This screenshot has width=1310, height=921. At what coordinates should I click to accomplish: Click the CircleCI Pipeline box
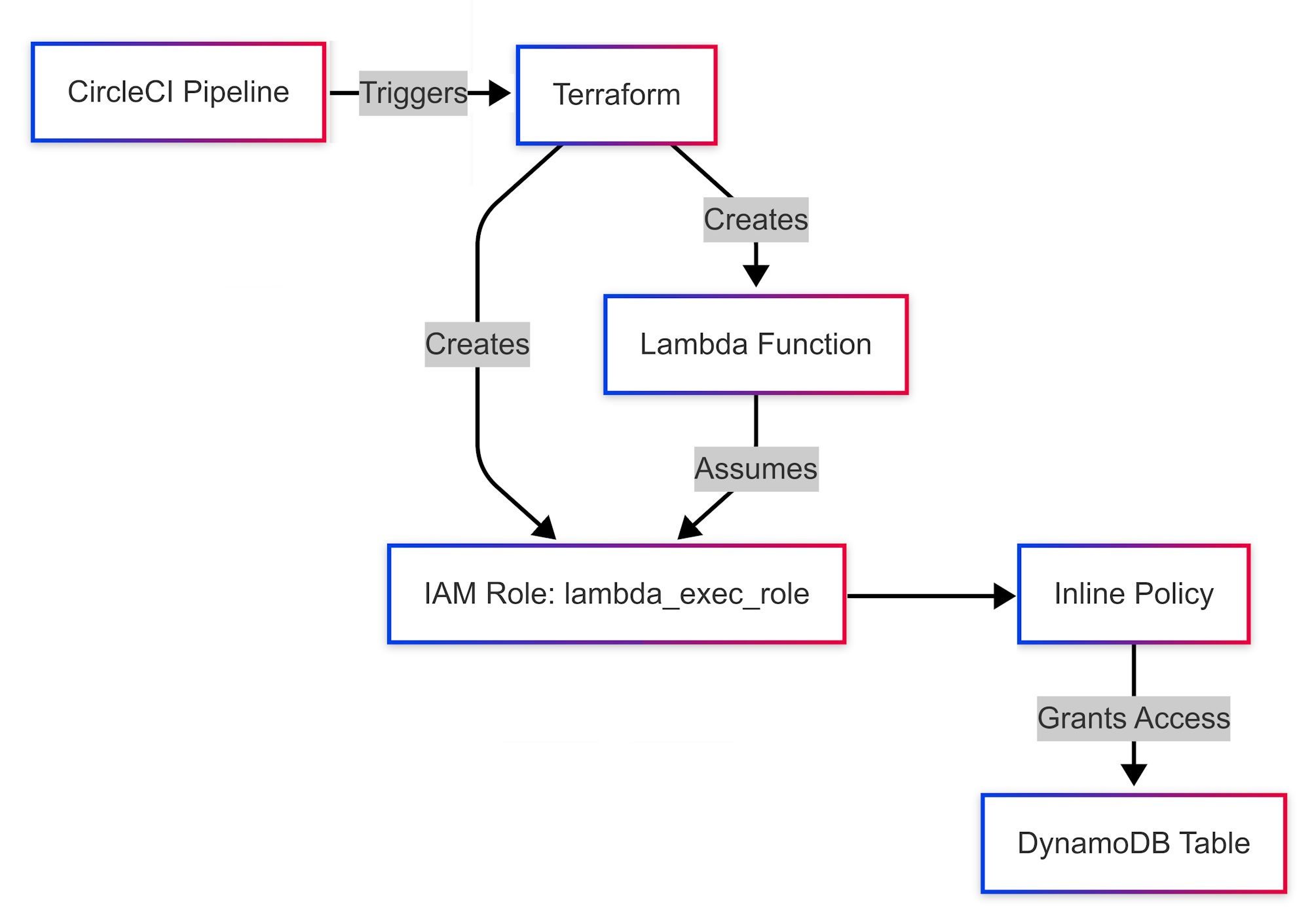178,92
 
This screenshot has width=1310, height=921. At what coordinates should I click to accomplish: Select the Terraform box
616,95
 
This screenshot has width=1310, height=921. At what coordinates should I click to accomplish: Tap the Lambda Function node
756,345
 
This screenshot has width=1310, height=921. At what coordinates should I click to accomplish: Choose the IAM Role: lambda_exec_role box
616,594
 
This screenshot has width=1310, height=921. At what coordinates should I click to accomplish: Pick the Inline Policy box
1134,594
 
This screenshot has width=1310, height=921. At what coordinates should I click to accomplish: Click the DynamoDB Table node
1134,843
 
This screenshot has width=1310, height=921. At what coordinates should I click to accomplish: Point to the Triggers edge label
413,93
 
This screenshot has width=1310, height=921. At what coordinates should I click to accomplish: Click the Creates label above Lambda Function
756,219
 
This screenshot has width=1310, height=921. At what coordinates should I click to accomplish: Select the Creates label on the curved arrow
477,345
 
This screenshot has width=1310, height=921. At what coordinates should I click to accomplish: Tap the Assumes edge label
757,469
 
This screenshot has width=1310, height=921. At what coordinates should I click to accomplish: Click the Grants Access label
1134,719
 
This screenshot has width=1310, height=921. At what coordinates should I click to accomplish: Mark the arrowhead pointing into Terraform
500,93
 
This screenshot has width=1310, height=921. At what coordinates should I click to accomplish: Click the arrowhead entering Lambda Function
756,276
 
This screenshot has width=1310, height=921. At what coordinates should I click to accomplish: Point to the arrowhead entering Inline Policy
1004,596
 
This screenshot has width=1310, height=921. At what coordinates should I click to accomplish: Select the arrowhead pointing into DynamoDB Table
1134,774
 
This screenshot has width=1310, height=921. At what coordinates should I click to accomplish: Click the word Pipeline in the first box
236,92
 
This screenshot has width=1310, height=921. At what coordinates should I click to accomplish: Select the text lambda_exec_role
686,594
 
